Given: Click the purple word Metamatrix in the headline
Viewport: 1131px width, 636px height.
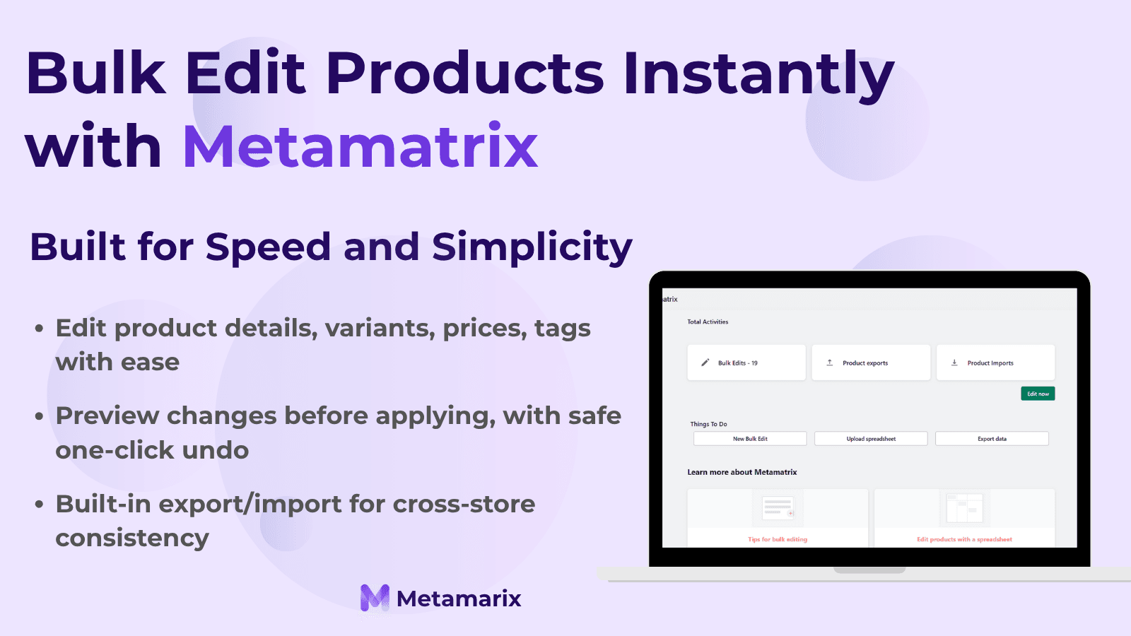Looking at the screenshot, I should pos(361,147).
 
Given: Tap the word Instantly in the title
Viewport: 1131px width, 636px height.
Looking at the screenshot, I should pos(758,74).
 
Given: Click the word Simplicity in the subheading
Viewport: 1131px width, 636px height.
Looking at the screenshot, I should pos(532,248).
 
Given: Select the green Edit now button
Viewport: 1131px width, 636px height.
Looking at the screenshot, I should pos(1038,394).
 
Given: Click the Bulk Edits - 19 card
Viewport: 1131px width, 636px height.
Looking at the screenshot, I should pos(746,363).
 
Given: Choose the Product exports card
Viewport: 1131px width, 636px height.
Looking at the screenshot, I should pos(870,363).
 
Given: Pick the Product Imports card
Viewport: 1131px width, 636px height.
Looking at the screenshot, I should pos(995,363).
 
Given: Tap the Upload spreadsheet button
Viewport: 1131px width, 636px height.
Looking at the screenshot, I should pos(871,439).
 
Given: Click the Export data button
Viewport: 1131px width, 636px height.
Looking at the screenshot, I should pos(992,439).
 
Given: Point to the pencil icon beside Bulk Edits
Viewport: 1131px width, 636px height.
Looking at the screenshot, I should pos(705,363).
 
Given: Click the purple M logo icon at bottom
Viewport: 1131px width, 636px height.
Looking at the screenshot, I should pos(375,598).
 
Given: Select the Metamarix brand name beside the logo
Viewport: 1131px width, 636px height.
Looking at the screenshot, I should pos(459,599).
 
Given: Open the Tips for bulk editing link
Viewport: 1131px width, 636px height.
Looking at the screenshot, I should pos(778,539).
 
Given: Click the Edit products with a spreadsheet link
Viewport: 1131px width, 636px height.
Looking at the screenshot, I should pos(964,539).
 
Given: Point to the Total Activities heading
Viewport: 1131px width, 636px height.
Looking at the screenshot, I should pos(708,322).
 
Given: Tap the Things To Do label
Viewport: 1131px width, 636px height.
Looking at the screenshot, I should pos(708,424).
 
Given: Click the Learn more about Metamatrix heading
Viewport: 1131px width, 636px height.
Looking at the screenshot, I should pos(742,472).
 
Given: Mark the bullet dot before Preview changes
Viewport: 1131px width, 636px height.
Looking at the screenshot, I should pos(40,416).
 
